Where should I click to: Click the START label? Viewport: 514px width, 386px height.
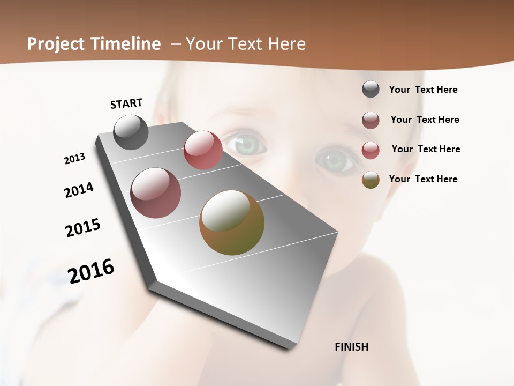(x=126, y=103)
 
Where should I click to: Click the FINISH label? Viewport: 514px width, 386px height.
(x=351, y=347)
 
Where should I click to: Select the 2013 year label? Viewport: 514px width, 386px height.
(x=75, y=159)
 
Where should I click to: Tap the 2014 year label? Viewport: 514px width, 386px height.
(x=79, y=190)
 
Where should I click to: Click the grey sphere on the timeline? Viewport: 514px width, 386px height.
(x=131, y=132)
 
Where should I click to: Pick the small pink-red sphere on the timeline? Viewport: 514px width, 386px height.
(x=203, y=150)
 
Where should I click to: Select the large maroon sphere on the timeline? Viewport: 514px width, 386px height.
(x=155, y=193)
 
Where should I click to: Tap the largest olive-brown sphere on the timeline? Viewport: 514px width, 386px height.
(x=232, y=222)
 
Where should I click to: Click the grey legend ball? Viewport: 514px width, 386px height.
(x=371, y=90)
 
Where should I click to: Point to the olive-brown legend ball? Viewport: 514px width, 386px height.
(x=371, y=180)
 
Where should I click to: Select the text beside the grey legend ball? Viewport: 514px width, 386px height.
(x=423, y=90)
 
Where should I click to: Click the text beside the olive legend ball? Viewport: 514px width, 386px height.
(x=423, y=179)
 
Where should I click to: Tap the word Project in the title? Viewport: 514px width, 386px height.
(x=56, y=44)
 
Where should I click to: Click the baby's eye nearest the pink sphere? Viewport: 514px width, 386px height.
(x=246, y=144)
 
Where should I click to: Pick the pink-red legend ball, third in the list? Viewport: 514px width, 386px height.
(x=371, y=150)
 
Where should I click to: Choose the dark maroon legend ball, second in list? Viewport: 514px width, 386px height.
(x=371, y=120)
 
